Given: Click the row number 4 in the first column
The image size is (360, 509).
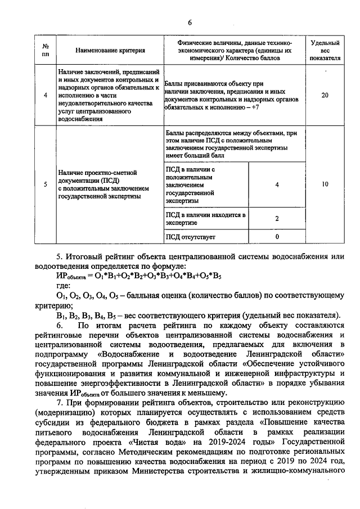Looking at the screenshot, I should point(46,96).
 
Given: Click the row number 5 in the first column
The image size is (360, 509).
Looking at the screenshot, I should point(46,184).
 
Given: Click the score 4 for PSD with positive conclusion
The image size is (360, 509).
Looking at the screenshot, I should point(277,184).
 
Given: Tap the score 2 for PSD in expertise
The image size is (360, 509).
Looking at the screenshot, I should point(277,218).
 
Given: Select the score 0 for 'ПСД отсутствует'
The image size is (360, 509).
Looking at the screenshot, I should point(277,237).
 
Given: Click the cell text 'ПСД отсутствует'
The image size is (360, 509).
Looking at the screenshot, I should point(191,237).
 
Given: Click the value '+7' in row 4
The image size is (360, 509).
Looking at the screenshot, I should point(254,106).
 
